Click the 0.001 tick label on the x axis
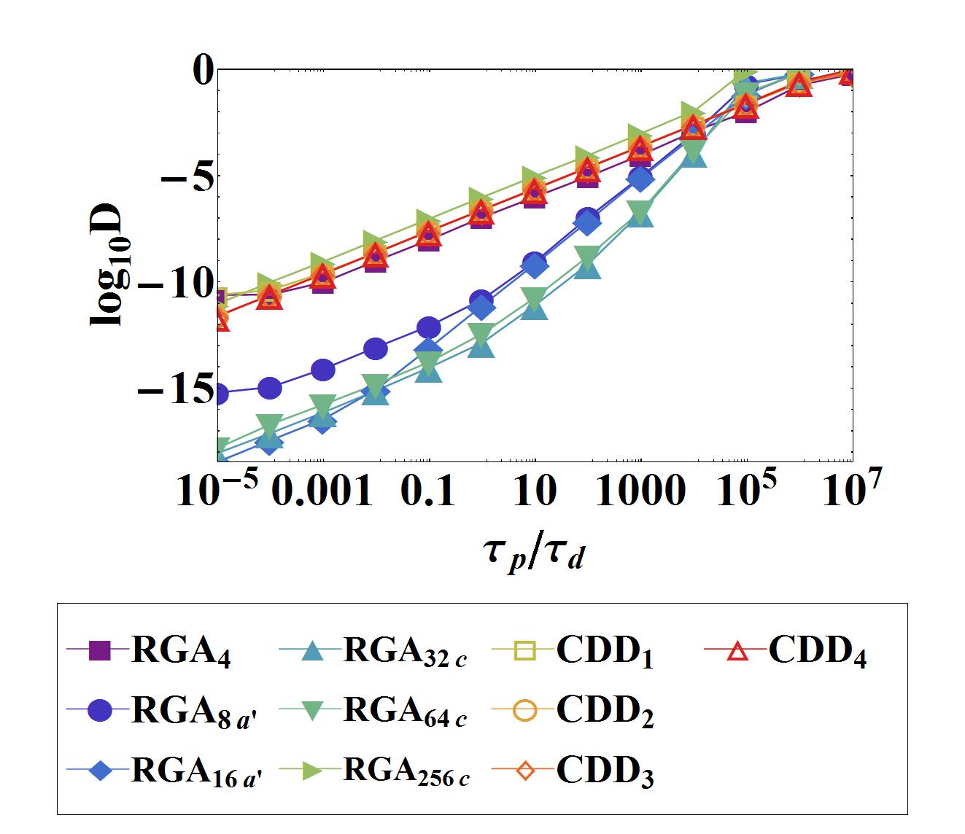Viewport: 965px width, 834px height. tap(323, 493)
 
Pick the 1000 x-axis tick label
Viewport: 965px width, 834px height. tap(640, 493)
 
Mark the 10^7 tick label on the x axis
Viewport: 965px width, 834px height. tap(848, 488)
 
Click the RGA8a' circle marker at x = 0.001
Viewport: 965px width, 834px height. tap(323, 370)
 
